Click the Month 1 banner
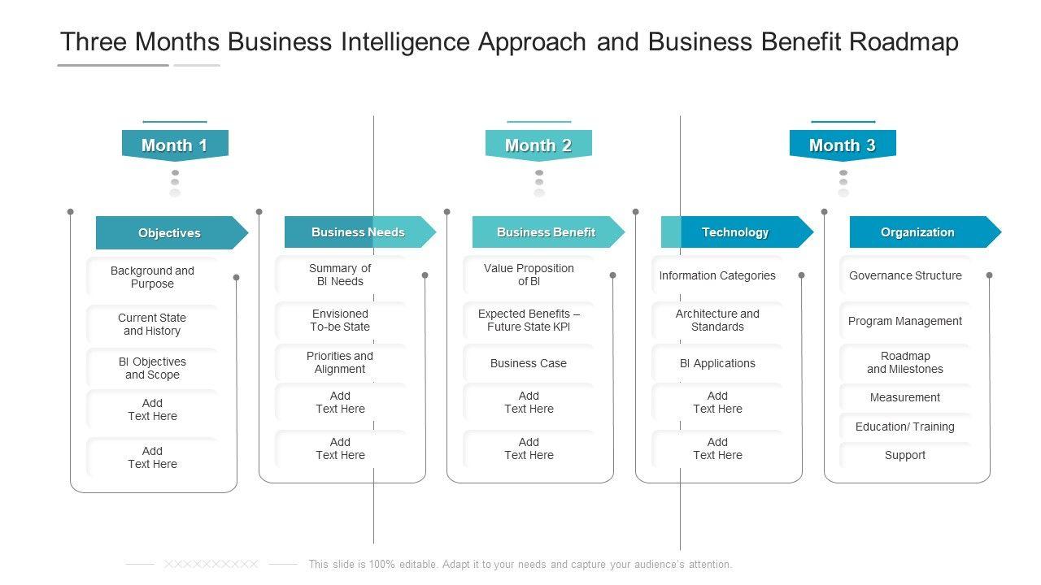coord(174,145)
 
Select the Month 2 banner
coord(538,145)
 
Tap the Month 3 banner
coord(843,145)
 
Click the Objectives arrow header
coord(170,233)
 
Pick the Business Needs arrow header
coord(359,232)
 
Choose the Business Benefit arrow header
coord(547,232)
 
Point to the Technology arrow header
coord(735,232)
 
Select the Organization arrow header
coord(917,232)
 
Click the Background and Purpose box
coord(152,277)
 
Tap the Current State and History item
coord(152,324)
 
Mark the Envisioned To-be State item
coord(340,320)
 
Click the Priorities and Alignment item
coord(340,362)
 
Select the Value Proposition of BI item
coord(529,275)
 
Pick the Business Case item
coord(529,363)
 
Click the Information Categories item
coord(717,275)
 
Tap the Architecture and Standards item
coord(717,320)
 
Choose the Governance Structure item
coord(905,275)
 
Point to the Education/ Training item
coord(905,427)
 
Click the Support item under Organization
coord(905,455)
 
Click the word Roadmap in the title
coord(904,42)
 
